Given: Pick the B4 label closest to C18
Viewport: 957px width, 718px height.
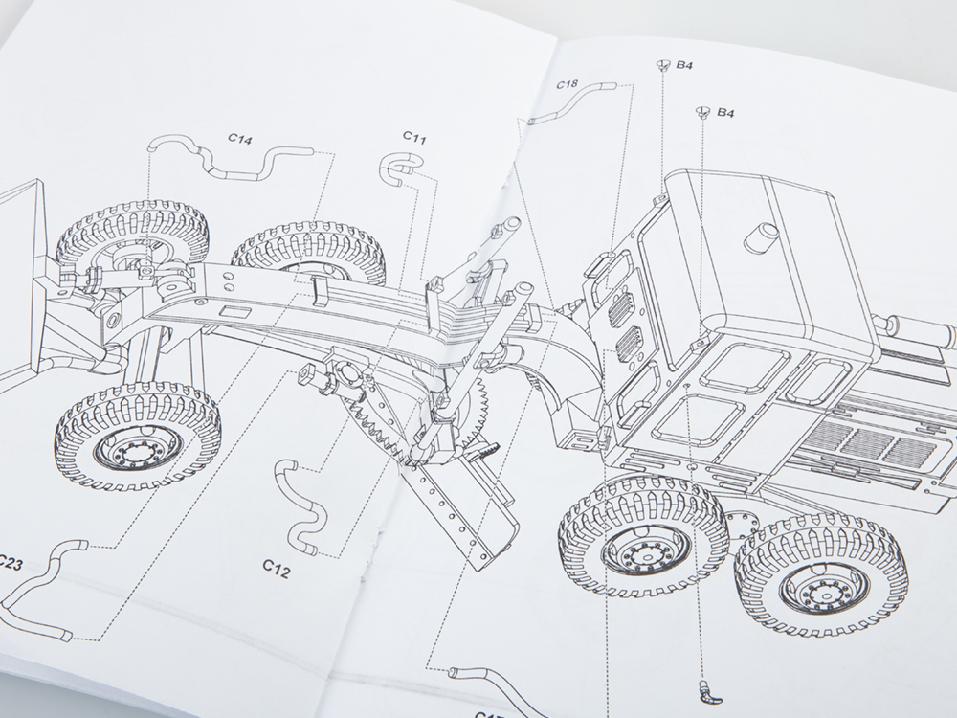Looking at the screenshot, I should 684,66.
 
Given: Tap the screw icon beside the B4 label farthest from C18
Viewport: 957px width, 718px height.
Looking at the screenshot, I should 701,114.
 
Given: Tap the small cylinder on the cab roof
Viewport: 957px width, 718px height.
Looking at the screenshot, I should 767,235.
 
